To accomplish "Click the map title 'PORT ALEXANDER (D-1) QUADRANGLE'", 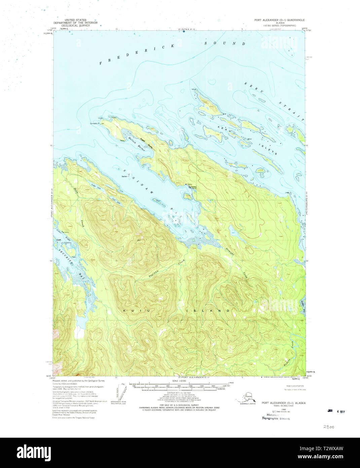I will (279, 20).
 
